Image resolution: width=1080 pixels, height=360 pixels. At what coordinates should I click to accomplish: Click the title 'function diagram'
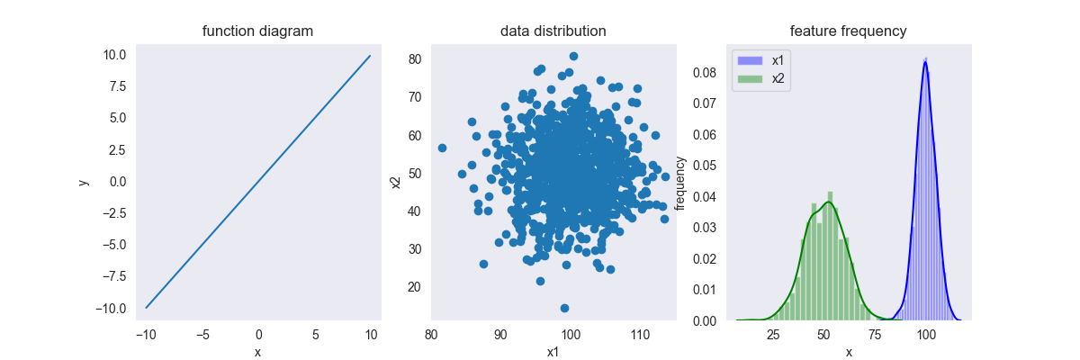pos(257,31)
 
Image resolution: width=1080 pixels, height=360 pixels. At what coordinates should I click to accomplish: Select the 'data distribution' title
pos(553,31)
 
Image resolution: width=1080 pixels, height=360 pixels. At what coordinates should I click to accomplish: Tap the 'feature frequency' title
pos(848,31)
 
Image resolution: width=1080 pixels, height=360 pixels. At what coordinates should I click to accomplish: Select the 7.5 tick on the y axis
pos(115,86)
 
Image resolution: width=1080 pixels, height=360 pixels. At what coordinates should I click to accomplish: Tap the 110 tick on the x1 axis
pos(638,336)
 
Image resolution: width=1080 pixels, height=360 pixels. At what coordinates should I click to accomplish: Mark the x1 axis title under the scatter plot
pos(553,352)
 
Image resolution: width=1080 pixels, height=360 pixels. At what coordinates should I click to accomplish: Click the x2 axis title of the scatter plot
pos(395,183)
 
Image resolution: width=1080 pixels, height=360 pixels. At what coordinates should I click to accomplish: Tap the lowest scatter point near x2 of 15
pos(564,308)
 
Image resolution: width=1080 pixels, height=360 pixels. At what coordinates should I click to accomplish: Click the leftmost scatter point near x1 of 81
pos(442,148)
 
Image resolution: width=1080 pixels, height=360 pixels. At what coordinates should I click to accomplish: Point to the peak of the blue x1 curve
pos(924,61)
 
